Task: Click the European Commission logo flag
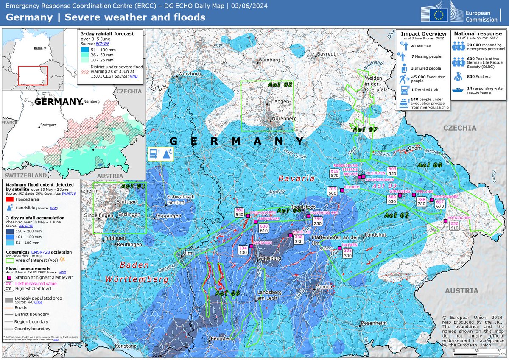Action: (x=439, y=15)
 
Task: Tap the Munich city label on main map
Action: (x=324, y=287)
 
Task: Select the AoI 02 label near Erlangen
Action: (x=281, y=85)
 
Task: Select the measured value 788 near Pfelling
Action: (x=421, y=199)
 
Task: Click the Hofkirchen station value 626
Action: (x=454, y=223)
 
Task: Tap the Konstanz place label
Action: (x=125, y=346)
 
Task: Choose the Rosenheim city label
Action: (x=374, y=323)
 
